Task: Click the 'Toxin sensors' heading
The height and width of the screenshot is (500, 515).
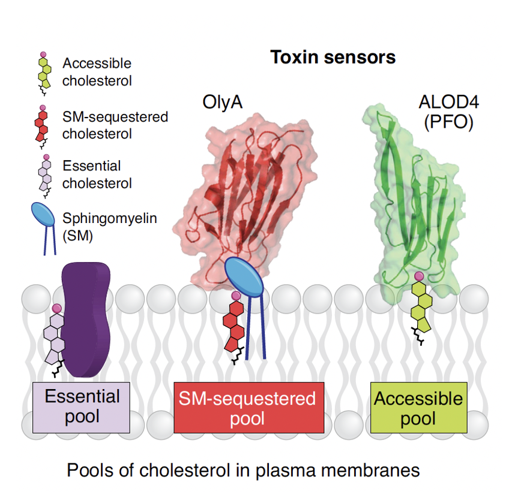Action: point(333,58)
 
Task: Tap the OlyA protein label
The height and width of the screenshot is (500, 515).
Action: point(223,103)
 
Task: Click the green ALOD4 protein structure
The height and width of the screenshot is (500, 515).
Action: point(414,198)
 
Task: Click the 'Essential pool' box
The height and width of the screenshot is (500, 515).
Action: point(82,406)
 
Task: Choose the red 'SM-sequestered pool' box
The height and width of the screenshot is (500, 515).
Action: point(248,407)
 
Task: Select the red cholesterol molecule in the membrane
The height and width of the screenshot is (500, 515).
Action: point(233,327)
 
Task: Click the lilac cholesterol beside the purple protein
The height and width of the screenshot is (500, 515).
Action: point(55,339)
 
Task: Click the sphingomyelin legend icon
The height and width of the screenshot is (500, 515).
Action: point(44,227)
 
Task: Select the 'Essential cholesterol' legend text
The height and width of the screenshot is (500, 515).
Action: point(97,174)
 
